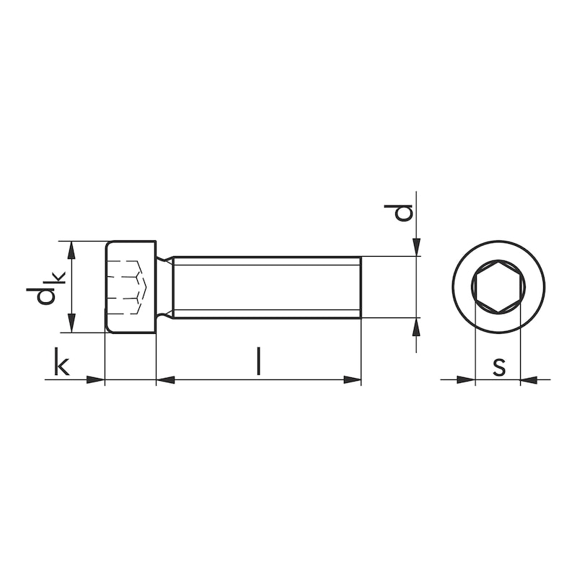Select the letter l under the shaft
tap(257, 361)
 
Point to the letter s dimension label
tap(498, 366)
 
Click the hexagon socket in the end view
tap(498, 286)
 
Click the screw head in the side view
tap(131, 287)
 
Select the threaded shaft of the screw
tap(267, 287)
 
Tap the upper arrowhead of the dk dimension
tap(70, 249)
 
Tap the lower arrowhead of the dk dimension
tap(70, 325)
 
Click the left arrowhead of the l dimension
tap(165, 379)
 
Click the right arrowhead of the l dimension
tap(352, 379)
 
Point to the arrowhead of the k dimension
tap(96, 379)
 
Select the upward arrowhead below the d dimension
tap(417, 326)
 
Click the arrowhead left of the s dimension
tap(466, 379)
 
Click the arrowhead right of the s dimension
tap(529, 379)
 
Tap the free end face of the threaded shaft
tap(360, 287)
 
